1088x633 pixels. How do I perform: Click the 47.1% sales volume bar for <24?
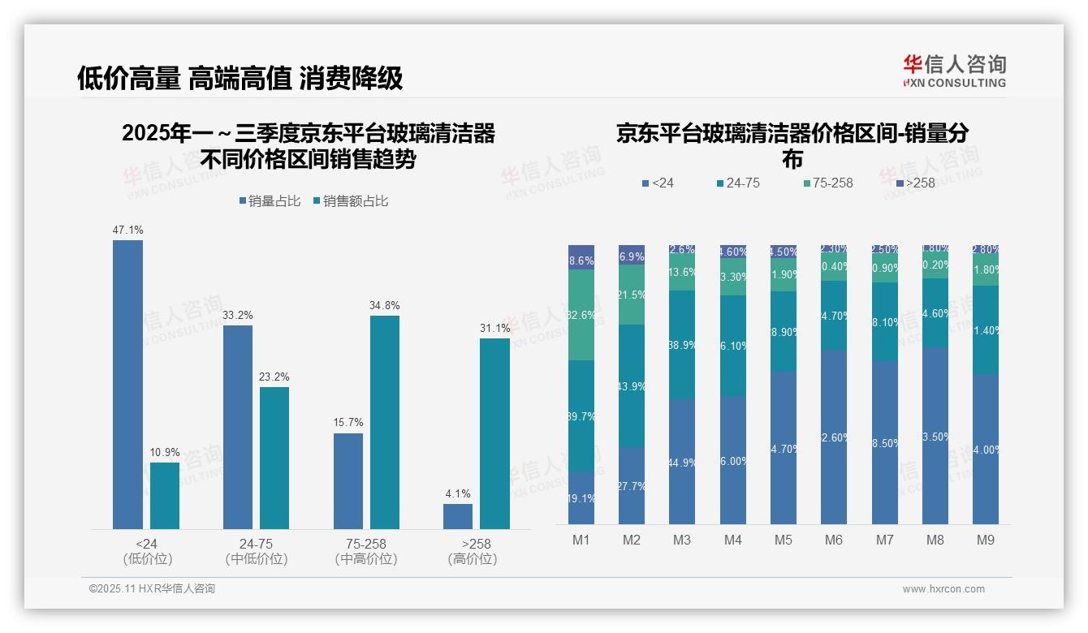click(127, 385)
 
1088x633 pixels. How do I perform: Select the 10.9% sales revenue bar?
click(165, 496)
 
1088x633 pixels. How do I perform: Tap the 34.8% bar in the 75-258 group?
click(385, 422)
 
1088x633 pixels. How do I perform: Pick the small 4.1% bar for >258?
click(458, 516)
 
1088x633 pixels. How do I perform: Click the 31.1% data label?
click(495, 328)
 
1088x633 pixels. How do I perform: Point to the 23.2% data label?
click(274, 377)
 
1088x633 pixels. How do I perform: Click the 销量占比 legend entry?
click(273, 201)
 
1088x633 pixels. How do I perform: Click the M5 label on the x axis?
click(784, 540)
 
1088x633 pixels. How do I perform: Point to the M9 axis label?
click(985, 540)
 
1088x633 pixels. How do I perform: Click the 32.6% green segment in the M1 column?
click(581, 315)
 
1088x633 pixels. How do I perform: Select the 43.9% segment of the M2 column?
click(632, 386)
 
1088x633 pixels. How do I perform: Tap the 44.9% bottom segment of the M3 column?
click(682, 462)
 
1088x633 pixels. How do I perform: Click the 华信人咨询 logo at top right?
click(954, 71)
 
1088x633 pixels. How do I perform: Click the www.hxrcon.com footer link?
click(943, 589)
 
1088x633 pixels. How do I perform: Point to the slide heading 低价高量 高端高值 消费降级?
click(240, 79)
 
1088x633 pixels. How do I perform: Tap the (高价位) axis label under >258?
click(473, 559)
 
